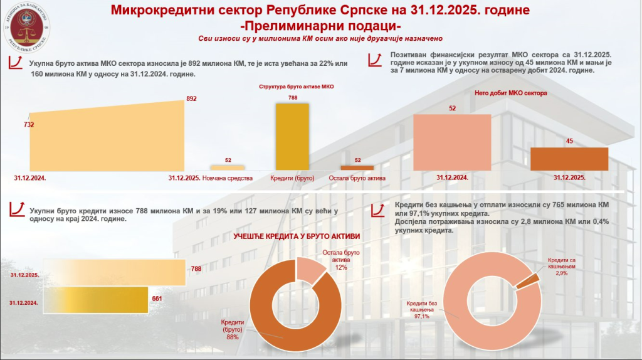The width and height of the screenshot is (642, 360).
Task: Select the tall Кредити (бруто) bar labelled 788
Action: (292, 136)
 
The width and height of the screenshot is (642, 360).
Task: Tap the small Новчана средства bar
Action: (227, 167)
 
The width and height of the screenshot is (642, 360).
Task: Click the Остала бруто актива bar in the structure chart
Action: (357, 167)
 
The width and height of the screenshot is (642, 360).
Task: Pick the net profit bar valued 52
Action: (451, 142)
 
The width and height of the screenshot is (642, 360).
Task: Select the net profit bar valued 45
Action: (569, 158)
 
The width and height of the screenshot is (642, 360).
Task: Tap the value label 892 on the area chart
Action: (192, 98)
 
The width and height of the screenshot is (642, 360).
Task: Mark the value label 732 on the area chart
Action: (29, 125)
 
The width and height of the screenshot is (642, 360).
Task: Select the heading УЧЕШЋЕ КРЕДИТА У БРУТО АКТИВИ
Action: (297, 236)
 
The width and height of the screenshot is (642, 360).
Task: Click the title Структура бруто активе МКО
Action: (293, 86)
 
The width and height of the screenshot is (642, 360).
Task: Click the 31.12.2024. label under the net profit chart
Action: (452, 177)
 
